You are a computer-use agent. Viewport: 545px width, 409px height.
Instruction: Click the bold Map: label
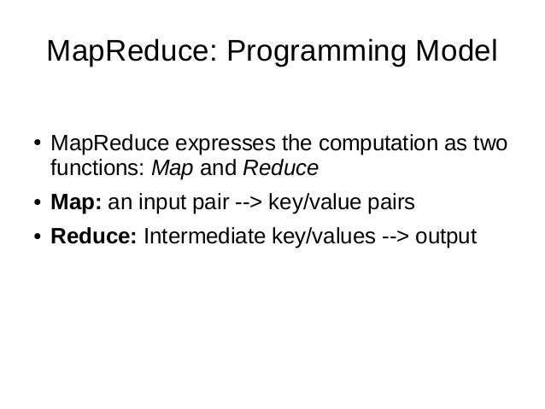[x=75, y=204]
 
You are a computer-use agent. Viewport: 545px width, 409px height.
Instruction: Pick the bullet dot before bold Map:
[x=29, y=205]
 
